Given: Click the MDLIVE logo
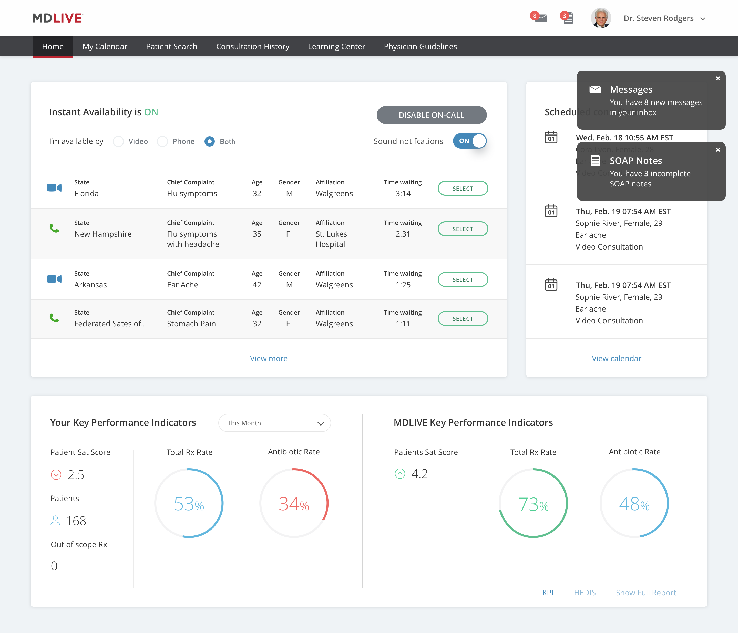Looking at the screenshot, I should click(58, 18).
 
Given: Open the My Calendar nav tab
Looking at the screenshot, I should click(105, 46).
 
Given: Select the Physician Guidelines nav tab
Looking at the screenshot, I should click(420, 46).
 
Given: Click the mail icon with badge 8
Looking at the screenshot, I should click(540, 18).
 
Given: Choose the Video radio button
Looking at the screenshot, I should click(118, 141).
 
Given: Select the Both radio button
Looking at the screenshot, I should click(209, 141).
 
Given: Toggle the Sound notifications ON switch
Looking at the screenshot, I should click(469, 141).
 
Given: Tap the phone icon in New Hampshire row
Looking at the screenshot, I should click(54, 228).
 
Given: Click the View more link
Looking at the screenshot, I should click(269, 358).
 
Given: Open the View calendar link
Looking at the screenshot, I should click(616, 358).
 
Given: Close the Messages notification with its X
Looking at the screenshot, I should click(718, 79).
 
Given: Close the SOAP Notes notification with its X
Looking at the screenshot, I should click(718, 150).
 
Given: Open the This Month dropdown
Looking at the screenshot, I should click(274, 423).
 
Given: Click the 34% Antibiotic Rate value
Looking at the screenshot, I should click(293, 504).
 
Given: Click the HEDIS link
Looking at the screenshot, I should click(585, 593).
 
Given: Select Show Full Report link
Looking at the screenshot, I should click(645, 593).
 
